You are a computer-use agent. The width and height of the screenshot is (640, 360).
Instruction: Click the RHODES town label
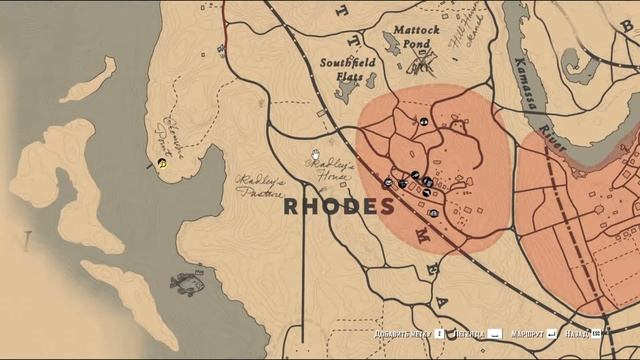tap(339, 207)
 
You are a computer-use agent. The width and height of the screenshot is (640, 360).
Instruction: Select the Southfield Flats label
tap(347, 67)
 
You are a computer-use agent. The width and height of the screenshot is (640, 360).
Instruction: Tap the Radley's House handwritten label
tap(331, 169)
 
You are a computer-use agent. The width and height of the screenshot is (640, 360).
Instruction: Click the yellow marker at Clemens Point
tap(162, 162)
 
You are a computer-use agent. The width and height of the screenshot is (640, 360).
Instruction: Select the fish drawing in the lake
tap(187, 284)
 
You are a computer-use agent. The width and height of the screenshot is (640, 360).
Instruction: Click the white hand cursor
tap(315, 155)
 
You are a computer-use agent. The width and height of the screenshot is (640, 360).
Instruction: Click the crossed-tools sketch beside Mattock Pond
tap(422, 65)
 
